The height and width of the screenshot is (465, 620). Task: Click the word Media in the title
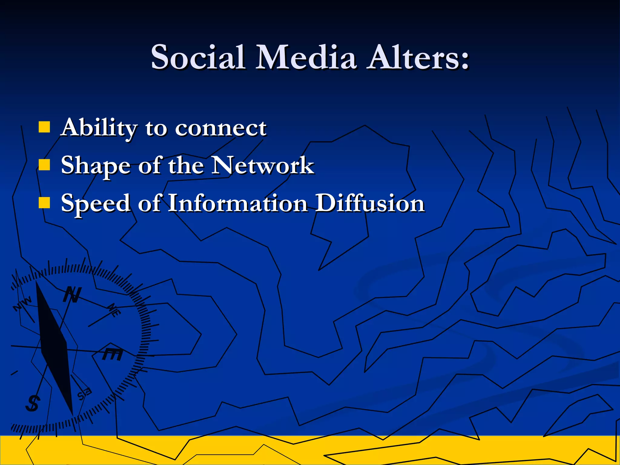(306, 57)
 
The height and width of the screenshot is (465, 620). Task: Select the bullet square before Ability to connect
(44, 127)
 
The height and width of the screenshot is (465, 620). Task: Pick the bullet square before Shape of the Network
(44, 165)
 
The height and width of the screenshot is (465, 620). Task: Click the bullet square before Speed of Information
(44, 203)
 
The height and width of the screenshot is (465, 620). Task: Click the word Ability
(99, 128)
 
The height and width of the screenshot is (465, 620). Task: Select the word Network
(263, 165)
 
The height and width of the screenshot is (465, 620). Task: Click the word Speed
(96, 203)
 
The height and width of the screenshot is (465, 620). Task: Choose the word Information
(237, 203)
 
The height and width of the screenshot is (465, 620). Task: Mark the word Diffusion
(370, 203)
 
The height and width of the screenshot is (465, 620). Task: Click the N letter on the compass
(72, 295)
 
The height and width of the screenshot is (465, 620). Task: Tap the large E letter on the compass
(112, 354)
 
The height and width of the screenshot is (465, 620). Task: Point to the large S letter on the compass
(32, 403)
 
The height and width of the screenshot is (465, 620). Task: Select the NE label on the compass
(114, 310)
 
